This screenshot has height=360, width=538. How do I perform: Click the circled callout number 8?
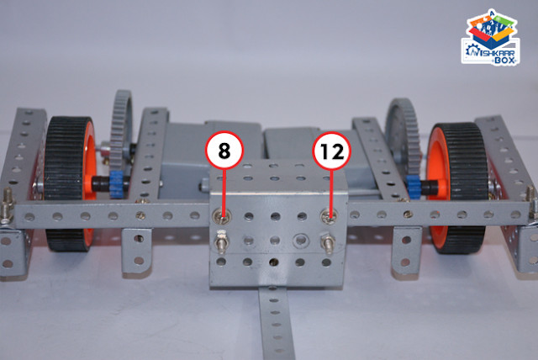[x=224, y=151]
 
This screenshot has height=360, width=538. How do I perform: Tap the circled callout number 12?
[x=331, y=151]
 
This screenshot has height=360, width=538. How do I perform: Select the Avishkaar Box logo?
[x=490, y=37]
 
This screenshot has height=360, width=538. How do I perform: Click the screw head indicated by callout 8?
[x=222, y=216]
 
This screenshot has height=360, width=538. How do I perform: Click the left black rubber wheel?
[x=69, y=183]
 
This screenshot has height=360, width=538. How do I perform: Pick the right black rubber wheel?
[x=457, y=188]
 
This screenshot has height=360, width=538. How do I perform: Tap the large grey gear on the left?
[x=121, y=132]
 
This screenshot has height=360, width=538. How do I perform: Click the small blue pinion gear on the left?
[x=117, y=185]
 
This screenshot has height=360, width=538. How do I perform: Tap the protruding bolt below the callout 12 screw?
[x=328, y=243]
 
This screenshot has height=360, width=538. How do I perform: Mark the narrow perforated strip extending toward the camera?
[x=277, y=323]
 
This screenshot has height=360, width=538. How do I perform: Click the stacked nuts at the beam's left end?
[x=8, y=205]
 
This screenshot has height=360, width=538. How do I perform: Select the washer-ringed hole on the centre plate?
[x=301, y=241]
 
